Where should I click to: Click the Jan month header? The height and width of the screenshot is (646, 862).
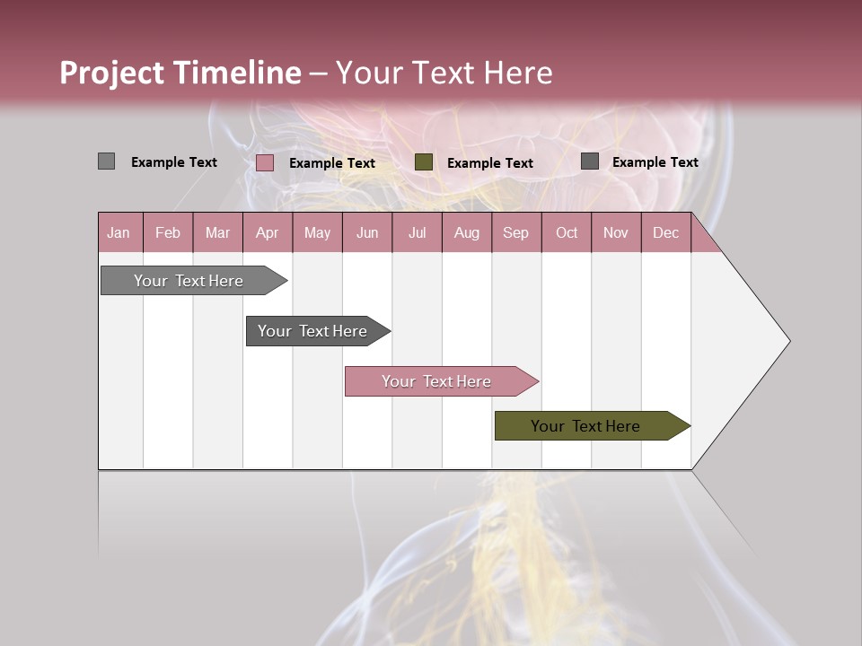pos(119,232)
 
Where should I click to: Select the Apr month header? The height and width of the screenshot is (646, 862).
pos(267,232)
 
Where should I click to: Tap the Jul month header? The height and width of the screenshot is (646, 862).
pos(417,232)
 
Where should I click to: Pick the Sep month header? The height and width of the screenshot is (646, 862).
pos(515,232)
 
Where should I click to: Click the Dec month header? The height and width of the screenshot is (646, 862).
pos(665,232)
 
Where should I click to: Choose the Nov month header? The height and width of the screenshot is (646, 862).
pos(615,232)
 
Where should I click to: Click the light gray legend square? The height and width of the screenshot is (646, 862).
pos(106,161)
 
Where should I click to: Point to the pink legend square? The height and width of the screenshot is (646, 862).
pos(264,162)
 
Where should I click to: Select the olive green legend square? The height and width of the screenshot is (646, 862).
pos(424,161)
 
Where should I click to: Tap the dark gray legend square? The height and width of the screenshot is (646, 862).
pos(589,161)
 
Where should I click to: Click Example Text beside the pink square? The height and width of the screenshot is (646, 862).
pos(331,163)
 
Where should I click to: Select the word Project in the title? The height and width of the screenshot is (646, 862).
pos(111,73)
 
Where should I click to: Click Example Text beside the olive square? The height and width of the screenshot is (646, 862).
pos(489,163)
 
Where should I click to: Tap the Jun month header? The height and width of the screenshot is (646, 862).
pos(366,232)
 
